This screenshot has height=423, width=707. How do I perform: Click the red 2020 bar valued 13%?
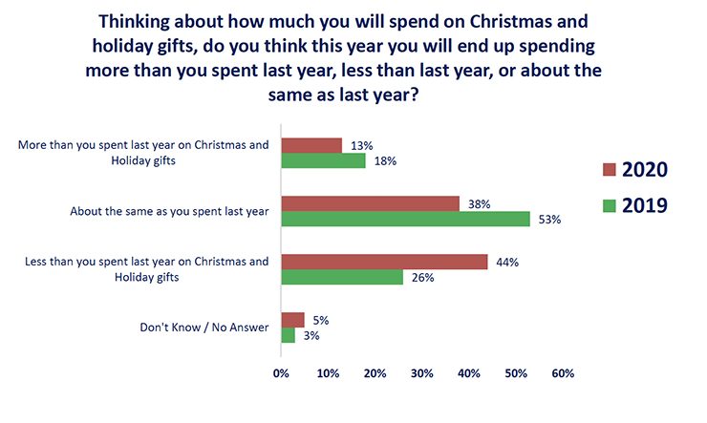(x=311, y=145)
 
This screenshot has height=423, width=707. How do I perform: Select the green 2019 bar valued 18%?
(x=323, y=161)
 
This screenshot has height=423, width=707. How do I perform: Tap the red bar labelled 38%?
(x=370, y=203)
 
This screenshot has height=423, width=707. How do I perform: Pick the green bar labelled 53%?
(x=405, y=220)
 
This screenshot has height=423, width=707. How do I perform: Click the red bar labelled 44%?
(x=384, y=262)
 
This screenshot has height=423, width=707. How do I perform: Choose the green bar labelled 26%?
(x=342, y=278)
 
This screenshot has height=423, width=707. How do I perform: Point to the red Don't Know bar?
(x=292, y=320)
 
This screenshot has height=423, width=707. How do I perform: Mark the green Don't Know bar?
(x=288, y=336)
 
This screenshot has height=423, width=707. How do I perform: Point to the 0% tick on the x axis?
(x=281, y=373)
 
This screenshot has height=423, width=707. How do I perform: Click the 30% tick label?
(x=421, y=373)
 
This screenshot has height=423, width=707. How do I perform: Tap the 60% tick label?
(x=562, y=373)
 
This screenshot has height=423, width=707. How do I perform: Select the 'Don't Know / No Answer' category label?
(x=204, y=328)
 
